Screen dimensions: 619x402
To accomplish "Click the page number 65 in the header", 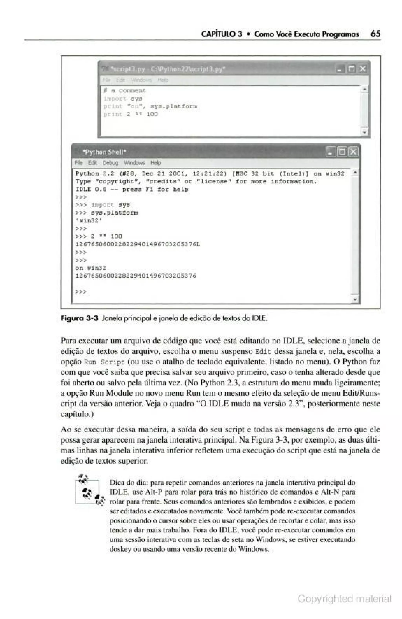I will pos(375,34).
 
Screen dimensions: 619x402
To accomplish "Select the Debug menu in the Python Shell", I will pos(110,163).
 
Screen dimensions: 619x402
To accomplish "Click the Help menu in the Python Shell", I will pos(155,163).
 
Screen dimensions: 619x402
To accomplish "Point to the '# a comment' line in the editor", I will pos(125,91).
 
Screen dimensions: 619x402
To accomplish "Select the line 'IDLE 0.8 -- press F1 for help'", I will pos(132,189).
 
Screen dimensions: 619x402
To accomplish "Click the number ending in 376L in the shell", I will pos(138,244).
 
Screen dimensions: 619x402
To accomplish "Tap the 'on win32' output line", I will pos(90,268).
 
